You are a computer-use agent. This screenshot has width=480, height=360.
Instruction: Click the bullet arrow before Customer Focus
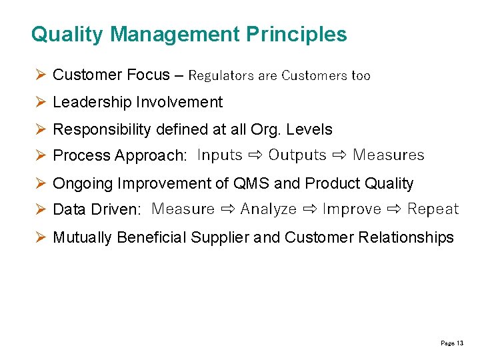pos(40,75)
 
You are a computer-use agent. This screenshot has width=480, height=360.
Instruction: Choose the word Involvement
pos(179,102)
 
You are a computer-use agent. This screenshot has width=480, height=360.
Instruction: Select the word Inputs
pos(220,155)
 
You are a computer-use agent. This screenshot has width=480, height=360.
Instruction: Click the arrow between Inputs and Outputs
pos(255,155)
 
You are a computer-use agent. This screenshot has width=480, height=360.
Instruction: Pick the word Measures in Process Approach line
pos(389,155)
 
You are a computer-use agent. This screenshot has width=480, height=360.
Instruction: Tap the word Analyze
pos(269,209)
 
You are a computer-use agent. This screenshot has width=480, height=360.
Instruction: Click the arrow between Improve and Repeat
pos(394,209)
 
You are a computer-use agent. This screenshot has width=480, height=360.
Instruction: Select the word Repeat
pos(433,209)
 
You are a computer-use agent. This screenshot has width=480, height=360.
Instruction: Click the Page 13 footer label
pos(452,343)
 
